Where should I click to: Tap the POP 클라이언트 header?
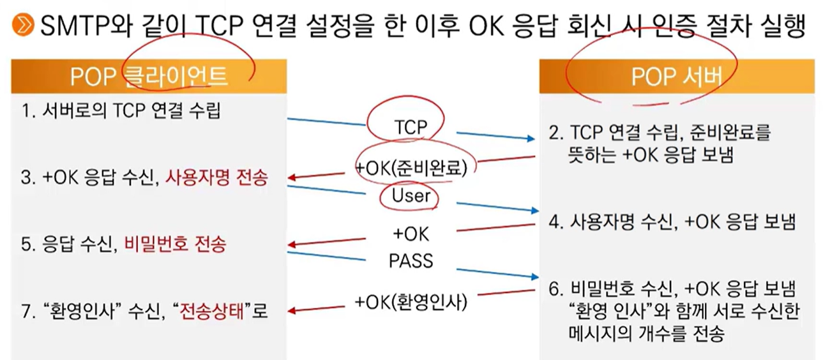point(149,76)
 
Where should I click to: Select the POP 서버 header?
point(677,77)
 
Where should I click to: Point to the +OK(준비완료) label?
point(415,168)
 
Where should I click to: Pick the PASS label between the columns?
point(411,260)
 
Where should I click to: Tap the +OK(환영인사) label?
point(411,301)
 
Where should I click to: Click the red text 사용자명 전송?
point(216,178)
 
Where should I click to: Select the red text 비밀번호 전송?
point(175,244)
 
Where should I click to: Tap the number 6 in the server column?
point(554,288)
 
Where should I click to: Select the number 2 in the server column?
point(554,134)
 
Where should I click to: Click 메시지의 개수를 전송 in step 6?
point(645,333)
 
